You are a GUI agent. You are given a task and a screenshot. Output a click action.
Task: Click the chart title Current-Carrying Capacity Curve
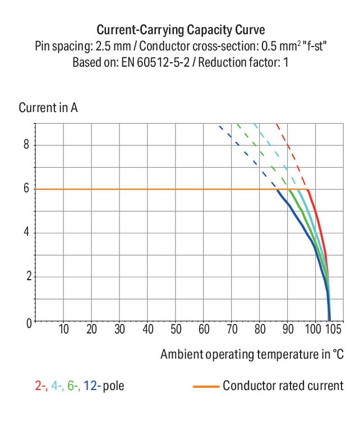coord(180,30)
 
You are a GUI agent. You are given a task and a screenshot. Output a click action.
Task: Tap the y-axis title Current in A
coord(48,108)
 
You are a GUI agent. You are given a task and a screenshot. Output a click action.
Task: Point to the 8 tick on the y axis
coord(26,145)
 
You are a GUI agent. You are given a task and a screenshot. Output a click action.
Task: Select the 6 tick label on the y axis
coord(26,189)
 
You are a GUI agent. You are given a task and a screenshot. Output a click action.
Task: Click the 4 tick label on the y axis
coord(26,233)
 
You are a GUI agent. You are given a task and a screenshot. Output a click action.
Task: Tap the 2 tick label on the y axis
coord(26,277)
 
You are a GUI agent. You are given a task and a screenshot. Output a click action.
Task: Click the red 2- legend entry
coord(40,386)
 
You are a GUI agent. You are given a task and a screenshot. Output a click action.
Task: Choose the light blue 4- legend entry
coord(56,386)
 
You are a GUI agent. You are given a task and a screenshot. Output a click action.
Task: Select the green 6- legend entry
coord(73,386)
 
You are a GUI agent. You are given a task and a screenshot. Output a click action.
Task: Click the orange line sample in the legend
coord(205,386)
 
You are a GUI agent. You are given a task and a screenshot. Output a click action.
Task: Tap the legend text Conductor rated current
coord(283,386)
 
